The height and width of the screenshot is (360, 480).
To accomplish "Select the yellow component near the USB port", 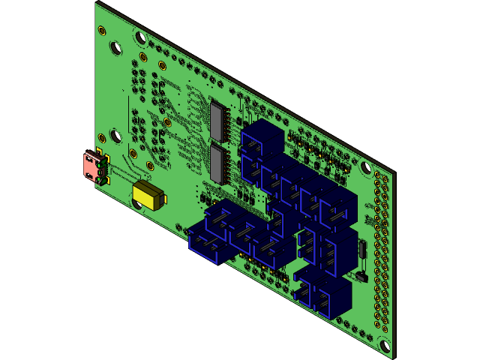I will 148,196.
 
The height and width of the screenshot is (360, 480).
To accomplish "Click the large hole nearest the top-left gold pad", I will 115,47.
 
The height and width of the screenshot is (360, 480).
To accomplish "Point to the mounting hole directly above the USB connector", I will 115,136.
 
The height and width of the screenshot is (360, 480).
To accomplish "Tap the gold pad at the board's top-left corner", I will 101,31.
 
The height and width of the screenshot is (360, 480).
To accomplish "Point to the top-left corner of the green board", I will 97,4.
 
